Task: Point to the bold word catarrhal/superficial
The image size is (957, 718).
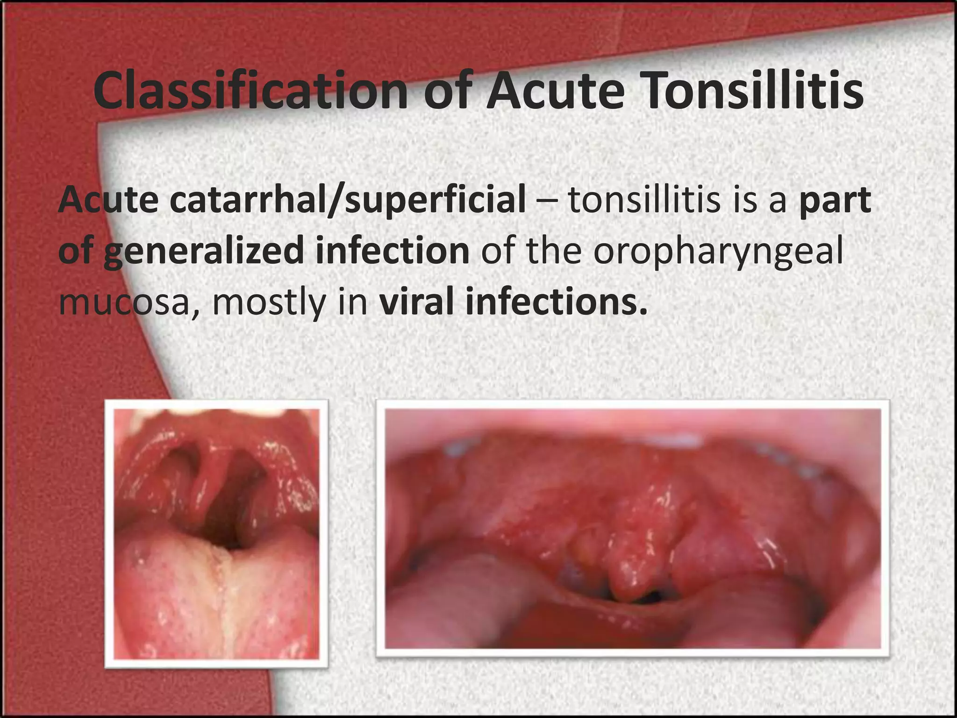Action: click(x=348, y=200)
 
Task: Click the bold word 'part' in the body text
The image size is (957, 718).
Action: click(x=835, y=200)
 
